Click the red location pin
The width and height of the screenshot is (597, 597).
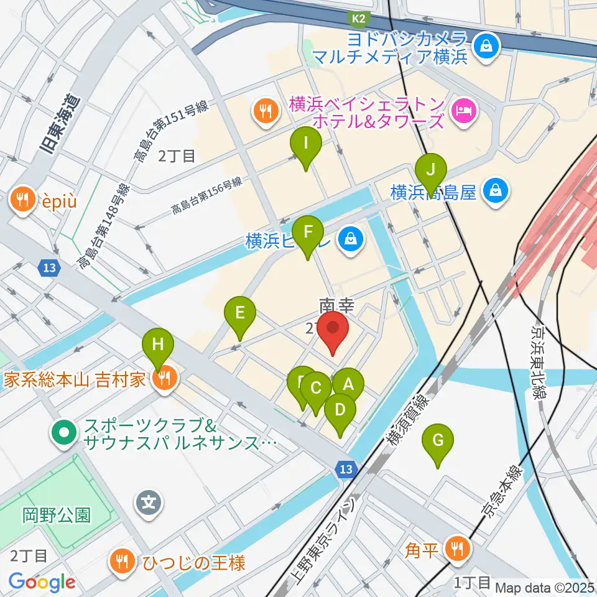333,329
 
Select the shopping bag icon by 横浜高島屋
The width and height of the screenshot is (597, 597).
496,190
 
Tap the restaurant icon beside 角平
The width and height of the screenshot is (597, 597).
458,548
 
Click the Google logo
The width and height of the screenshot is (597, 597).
42,582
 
